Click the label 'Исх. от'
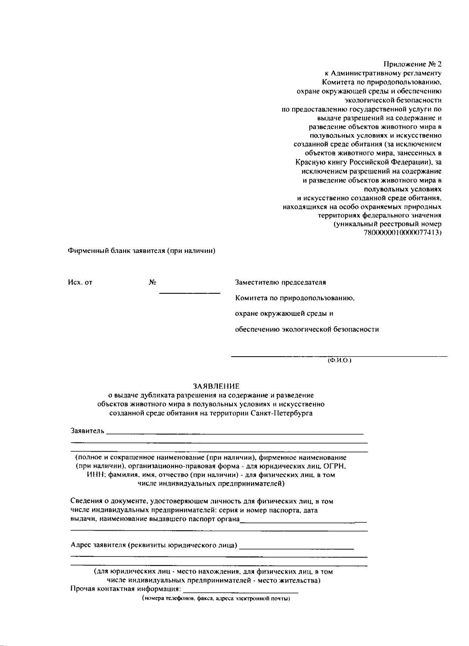tap(80, 282)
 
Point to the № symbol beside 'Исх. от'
tap(153, 282)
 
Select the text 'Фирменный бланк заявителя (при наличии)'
tap(141, 251)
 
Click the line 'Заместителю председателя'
tap(280, 282)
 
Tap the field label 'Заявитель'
tap(87, 431)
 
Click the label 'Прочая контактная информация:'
tap(125, 589)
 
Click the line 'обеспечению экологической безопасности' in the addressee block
tap(306, 329)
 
